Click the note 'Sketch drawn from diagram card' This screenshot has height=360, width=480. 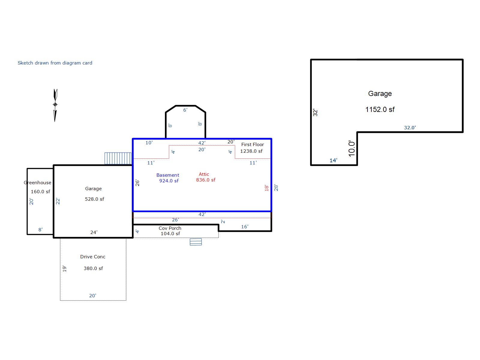tap(55, 63)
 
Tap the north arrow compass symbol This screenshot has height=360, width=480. tap(55, 105)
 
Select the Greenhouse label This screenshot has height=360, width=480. tap(37, 182)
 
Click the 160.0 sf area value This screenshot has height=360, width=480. tap(40, 191)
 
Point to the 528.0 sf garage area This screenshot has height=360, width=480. tap(94, 199)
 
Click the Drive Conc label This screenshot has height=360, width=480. tap(93, 256)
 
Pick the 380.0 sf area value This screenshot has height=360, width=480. tap(93, 268)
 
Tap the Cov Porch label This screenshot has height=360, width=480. tap(170, 228)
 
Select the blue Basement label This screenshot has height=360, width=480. tap(168, 175)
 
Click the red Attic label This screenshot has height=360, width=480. tap(204, 174)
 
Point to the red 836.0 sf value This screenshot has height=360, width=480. tap(205, 180)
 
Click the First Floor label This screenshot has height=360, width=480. tap(253, 145)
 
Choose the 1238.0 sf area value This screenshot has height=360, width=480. tap(251, 151)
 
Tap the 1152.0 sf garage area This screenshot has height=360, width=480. tap(380, 109)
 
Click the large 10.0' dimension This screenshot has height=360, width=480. tap(352, 148)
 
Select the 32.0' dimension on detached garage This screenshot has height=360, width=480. tap(410, 128)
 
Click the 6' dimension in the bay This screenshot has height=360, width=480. tap(185, 110)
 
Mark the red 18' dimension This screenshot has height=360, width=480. tap(266, 188)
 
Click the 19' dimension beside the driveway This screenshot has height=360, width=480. tap(64, 268)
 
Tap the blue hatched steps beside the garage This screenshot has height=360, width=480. tap(118, 158)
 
